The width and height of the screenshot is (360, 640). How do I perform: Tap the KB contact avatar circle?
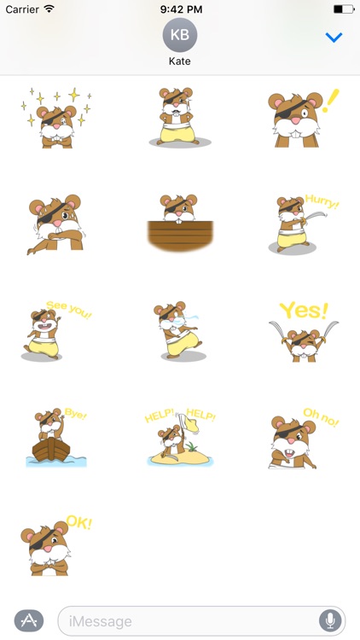(x=179, y=34)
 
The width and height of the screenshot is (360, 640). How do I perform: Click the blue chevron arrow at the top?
(x=334, y=38)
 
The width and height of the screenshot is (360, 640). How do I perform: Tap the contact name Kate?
(x=179, y=62)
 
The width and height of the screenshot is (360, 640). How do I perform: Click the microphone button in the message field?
(x=329, y=620)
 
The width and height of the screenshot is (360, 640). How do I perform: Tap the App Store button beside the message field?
(x=29, y=620)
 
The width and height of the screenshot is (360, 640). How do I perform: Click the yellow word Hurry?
(x=322, y=205)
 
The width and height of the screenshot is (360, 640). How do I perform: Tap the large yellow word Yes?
(x=304, y=311)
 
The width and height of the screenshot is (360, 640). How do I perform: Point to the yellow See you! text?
(x=67, y=309)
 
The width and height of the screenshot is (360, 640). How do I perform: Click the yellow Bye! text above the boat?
(x=76, y=416)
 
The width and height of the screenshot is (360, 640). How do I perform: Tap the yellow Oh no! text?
(x=322, y=416)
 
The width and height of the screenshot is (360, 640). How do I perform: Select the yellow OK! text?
(x=78, y=522)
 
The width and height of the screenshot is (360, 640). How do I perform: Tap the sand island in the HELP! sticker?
(x=179, y=457)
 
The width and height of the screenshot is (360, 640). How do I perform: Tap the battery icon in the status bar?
(x=343, y=9)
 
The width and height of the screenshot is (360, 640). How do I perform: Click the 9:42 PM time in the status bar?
(x=180, y=9)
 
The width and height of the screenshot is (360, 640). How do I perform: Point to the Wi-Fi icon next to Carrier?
(x=49, y=9)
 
